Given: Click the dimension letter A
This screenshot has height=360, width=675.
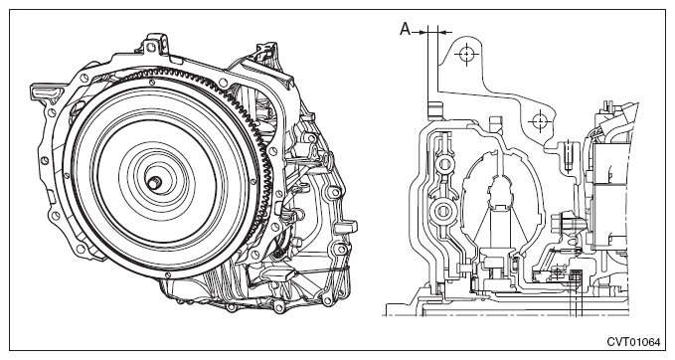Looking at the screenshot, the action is tap(405, 29).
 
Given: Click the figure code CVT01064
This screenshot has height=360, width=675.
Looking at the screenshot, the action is tap(633, 342).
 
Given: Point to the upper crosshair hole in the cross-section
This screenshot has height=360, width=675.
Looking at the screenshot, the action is tap(466, 54).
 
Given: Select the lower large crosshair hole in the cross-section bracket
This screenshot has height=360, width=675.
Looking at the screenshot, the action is tap(539, 121).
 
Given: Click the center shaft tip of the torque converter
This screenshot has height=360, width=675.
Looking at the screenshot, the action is tap(154, 183).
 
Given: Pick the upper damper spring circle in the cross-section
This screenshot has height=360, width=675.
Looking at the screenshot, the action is tap(444, 164).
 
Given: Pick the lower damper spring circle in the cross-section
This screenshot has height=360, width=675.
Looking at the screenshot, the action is tap(443, 211).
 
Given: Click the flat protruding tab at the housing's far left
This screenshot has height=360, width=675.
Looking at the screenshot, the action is tap(45, 91).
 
